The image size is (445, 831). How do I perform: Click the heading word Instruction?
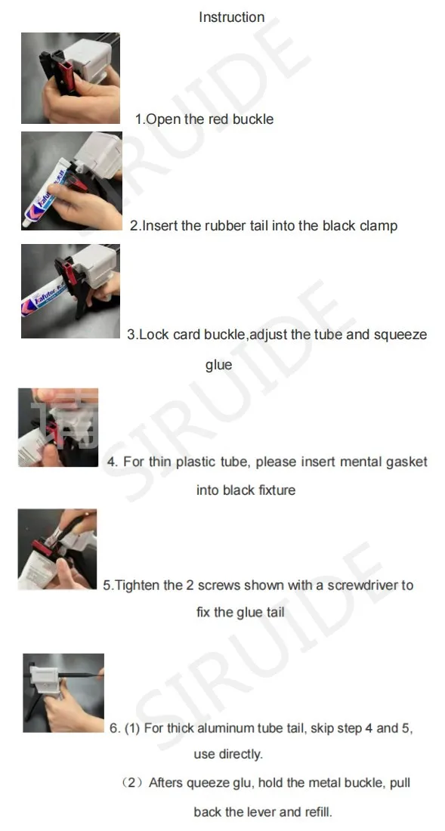click(x=231, y=17)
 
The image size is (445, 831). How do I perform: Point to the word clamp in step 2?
click(x=379, y=226)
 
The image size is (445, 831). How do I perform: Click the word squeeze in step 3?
click(x=401, y=335)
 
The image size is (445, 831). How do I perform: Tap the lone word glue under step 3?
click(x=218, y=365)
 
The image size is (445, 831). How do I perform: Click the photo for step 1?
click(x=70, y=79)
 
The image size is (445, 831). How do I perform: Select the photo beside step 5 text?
click(x=57, y=549)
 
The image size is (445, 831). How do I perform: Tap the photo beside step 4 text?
click(x=58, y=428)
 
